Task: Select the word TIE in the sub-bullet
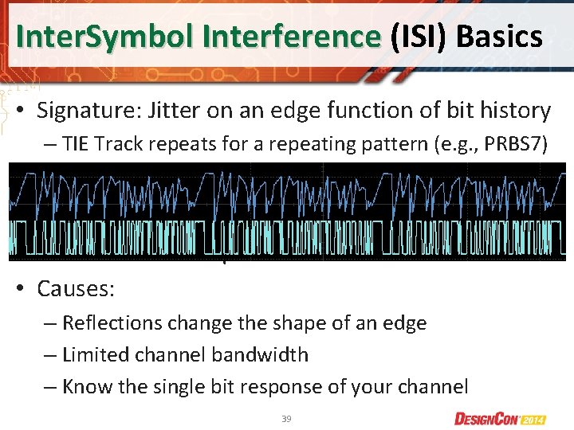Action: coord(76,144)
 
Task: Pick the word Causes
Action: coord(76,288)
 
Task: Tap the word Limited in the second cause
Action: coord(92,355)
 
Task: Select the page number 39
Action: coord(286,419)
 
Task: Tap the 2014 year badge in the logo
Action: coord(548,419)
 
